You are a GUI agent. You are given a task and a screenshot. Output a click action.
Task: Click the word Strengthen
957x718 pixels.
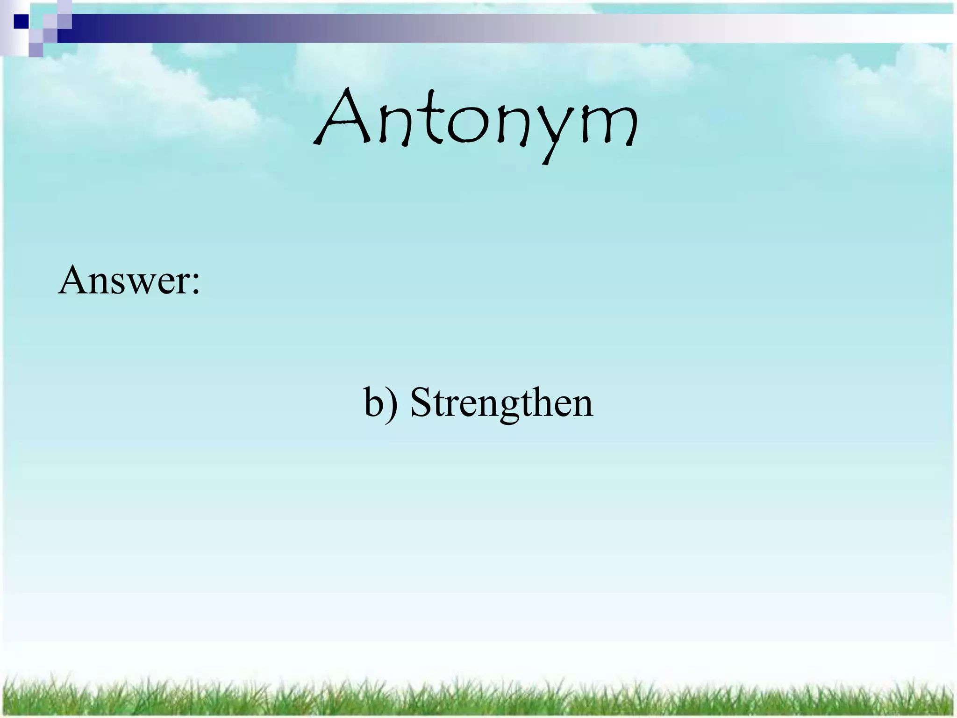tap(501, 403)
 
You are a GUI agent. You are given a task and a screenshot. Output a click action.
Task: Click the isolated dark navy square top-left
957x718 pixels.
tap(21, 21)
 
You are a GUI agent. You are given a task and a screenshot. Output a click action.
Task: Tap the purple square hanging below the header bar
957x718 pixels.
tap(36, 50)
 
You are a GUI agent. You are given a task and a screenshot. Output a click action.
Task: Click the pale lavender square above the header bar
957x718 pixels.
tap(64, 7)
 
